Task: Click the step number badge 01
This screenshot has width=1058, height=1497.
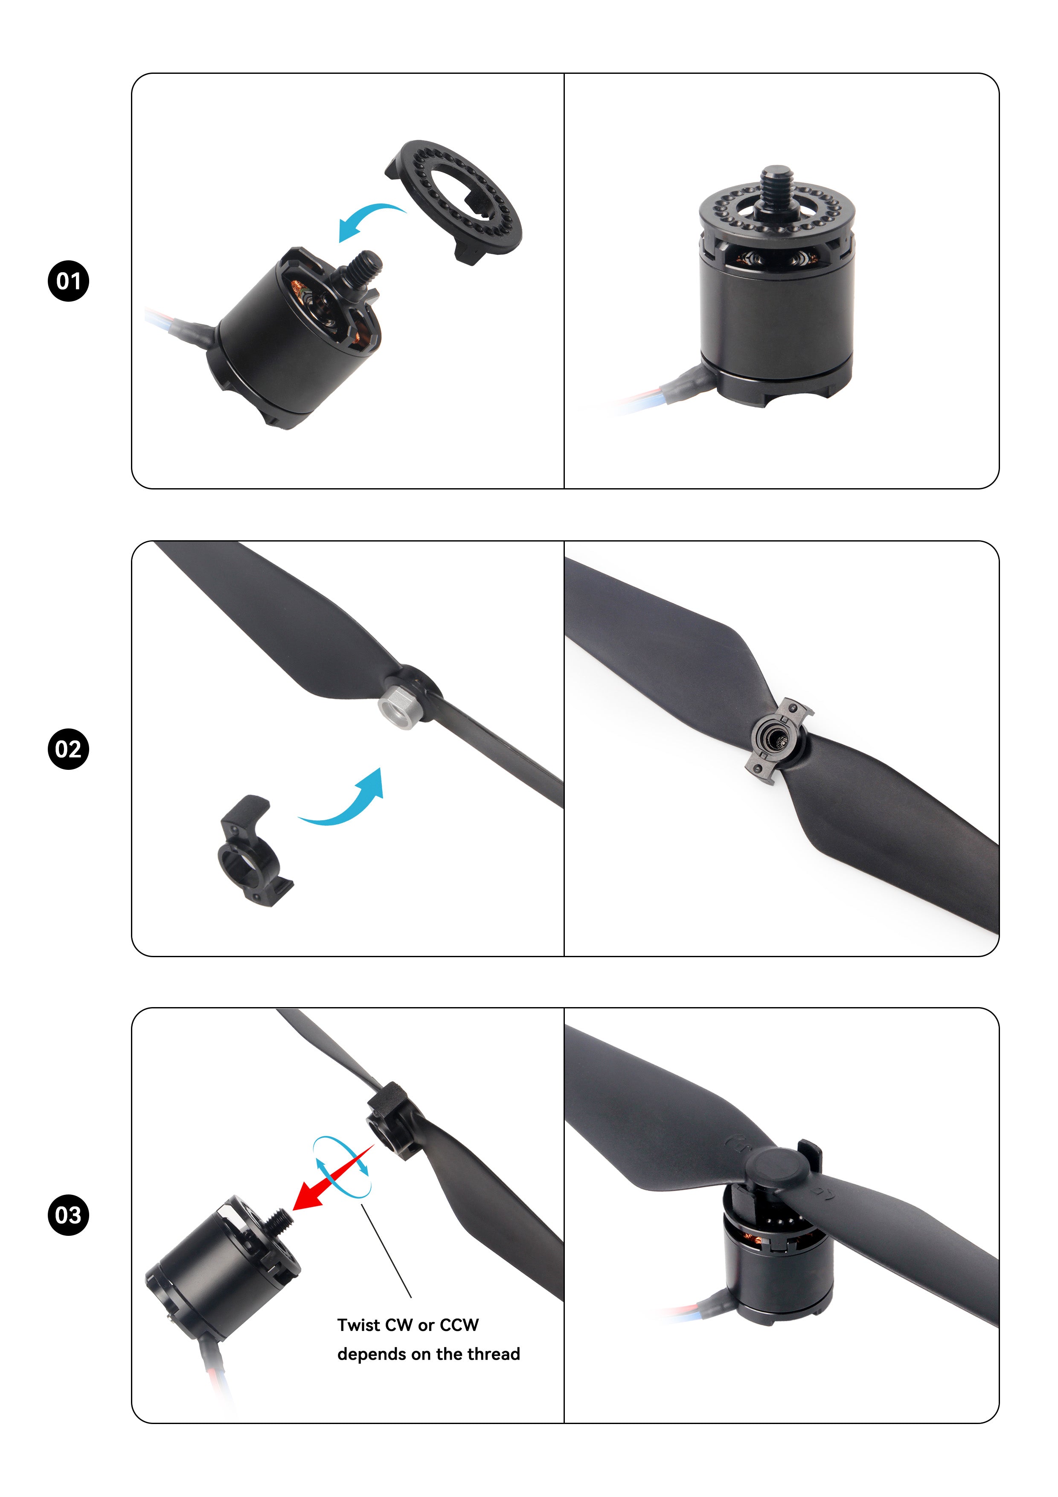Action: (x=68, y=281)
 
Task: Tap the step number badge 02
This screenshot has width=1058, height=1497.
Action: (x=68, y=749)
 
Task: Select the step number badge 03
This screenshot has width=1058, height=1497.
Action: (x=68, y=1215)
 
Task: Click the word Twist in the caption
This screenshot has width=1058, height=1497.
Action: (x=358, y=1325)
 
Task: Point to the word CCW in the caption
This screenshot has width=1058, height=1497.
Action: (x=459, y=1325)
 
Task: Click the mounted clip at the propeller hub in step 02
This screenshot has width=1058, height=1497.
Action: (x=778, y=741)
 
